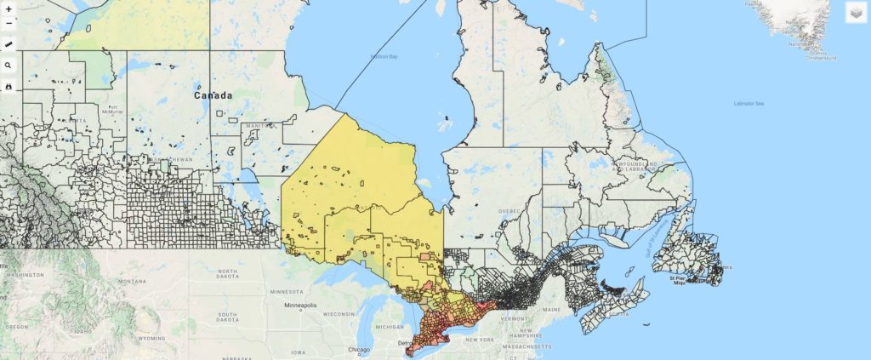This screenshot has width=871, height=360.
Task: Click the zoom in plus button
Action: (9, 9)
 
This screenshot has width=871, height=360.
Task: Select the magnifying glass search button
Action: (9, 65)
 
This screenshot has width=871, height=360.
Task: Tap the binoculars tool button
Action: (9, 87)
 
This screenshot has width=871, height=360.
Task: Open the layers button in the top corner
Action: (856, 13)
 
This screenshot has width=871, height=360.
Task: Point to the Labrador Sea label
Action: (749, 104)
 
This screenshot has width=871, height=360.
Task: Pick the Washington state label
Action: (26, 275)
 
